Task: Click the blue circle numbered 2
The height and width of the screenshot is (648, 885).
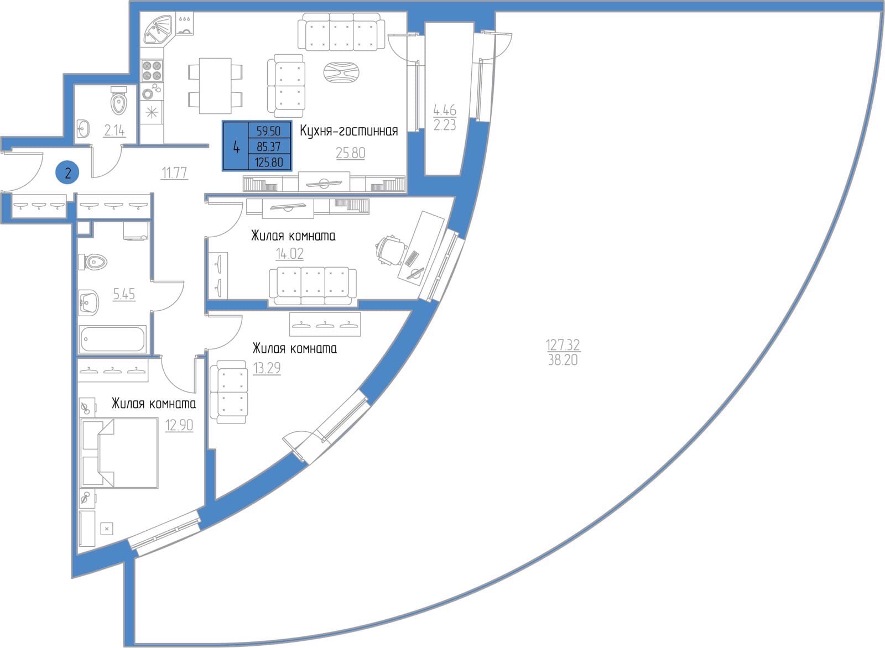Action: pyautogui.click(x=67, y=173)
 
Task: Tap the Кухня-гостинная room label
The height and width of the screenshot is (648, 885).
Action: pyautogui.click(x=349, y=130)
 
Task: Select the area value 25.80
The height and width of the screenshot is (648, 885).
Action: pyautogui.click(x=351, y=153)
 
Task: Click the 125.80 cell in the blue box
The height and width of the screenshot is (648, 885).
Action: pyautogui.click(x=269, y=163)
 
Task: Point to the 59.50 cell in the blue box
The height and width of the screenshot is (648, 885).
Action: pyautogui.click(x=269, y=130)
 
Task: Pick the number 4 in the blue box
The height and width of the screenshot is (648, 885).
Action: pyautogui.click(x=236, y=147)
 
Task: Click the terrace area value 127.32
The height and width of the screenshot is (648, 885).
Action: pyautogui.click(x=563, y=344)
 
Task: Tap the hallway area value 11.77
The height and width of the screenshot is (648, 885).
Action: pyautogui.click(x=174, y=173)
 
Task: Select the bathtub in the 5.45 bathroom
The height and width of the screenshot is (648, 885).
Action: pyautogui.click(x=113, y=339)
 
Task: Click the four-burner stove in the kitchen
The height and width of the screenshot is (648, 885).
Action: pyautogui.click(x=152, y=71)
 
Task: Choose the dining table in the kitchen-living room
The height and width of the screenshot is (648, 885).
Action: pyautogui.click(x=215, y=86)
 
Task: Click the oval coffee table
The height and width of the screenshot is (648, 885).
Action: pyautogui.click(x=341, y=72)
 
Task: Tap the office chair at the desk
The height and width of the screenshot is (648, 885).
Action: pyautogui.click(x=391, y=249)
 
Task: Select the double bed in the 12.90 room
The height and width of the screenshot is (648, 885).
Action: pyautogui.click(x=119, y=453)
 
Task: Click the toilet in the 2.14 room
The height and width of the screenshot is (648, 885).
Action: pyautogui.click(x=118, y=101)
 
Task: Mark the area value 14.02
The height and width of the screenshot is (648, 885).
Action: pyautogui.click(x=290, y=254)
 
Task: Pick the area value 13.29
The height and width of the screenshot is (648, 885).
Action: pyautogui.click(x=267, y=368)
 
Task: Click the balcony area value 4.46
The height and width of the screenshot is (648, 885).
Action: pyautogui.click(x=445, y=109)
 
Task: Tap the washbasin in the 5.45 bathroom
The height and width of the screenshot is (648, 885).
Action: pyautogui.click(x=89, y=303)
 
